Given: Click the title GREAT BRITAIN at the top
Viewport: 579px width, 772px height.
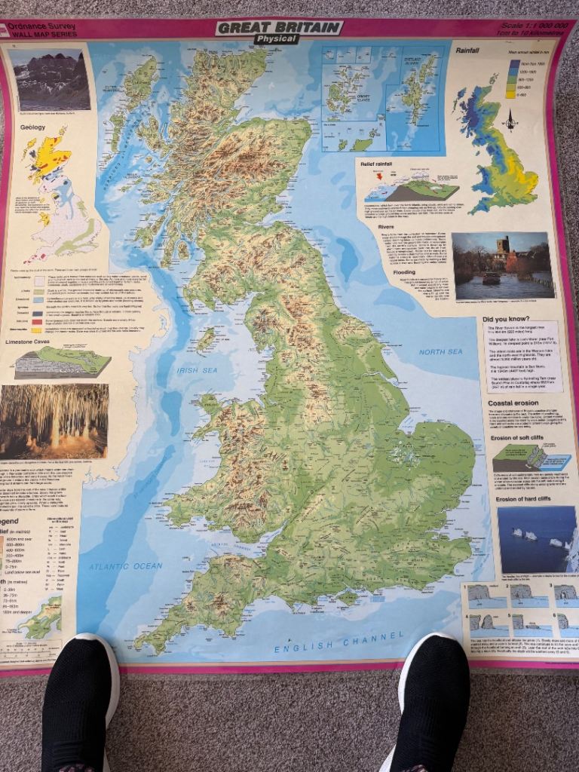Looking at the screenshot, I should (x=279, y=27).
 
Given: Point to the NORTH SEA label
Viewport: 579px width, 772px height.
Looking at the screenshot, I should (x=440, y=352).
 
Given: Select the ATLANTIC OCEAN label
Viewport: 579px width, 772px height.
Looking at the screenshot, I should (x=126, y=565).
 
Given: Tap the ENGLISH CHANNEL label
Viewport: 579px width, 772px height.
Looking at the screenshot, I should (x=335, y=644).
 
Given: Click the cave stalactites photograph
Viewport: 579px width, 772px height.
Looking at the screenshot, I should (x=54, y=421).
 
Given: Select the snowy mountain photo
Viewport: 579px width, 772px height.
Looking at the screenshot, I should (x=50, y=80).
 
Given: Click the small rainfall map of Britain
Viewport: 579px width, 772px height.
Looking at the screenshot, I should (x=498, y=151).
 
